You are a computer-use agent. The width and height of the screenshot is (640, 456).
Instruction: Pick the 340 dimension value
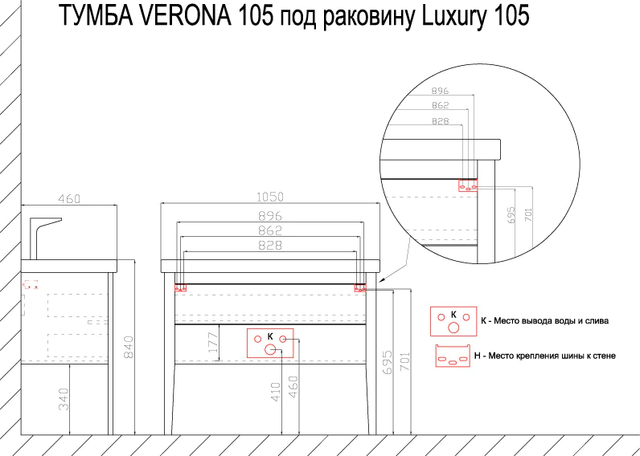click(x=64, y=399)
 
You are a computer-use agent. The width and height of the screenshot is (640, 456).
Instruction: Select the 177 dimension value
click(x=211, y=344)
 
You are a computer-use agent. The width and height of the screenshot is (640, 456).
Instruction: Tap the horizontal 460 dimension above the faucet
click(x=70, y=198)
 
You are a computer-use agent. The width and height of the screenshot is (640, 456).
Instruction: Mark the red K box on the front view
click(x=270, y=342)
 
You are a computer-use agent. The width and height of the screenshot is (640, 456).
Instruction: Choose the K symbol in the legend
click(x=453, y=320)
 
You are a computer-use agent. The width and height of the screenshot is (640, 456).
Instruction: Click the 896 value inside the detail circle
click(x=440, y=91)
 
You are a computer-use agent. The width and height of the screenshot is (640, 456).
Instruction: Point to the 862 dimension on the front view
click(x=271, y=230)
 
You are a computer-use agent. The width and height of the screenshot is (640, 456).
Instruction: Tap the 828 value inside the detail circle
click(x=440, y=120)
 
